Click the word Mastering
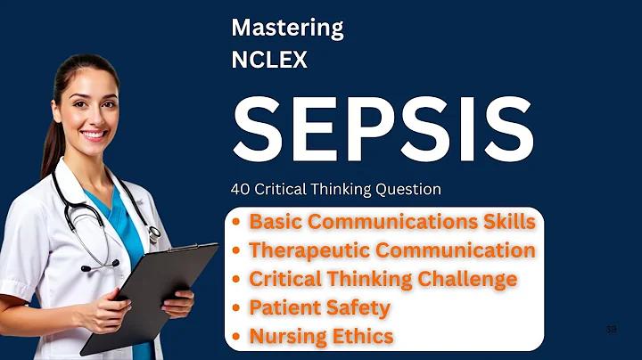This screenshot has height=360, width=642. [x=287, y=29]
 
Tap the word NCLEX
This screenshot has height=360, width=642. [x=269, y=60]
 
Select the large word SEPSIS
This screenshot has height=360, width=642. [x=383, y=129]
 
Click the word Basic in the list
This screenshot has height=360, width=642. [x=276, y=221]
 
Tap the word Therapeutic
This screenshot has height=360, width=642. [x=309, y=250]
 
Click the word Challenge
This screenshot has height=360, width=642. [x=467, y=280]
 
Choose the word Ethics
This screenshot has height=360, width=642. [x=363, y=336]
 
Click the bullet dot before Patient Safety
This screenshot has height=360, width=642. [x=235, y=307]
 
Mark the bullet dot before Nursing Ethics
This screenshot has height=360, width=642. [x=235, y=336]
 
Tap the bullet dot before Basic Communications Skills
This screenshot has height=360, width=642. [x=235, y=222]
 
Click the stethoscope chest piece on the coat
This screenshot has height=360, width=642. [x=154, y=233]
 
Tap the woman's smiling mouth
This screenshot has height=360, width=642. [x=95, y=135]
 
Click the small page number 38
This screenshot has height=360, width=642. [x=612, y=330]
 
